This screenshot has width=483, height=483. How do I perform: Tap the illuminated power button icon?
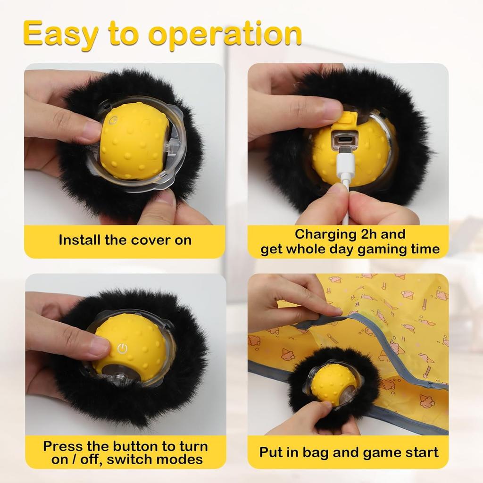(x=122, y=348)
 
